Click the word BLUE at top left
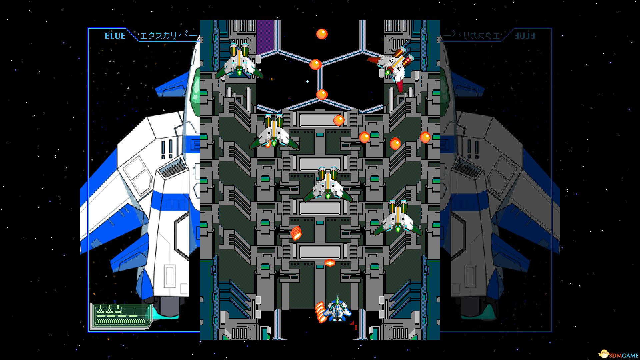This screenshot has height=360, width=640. click(115, 36)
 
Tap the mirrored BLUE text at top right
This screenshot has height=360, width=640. click(525, 36)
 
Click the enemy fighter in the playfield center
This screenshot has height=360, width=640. click(328, 185)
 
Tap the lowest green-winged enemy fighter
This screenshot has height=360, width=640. click(398, 218)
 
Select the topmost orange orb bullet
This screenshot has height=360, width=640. click(322, 34)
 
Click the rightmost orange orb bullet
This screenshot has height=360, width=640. click(425, 137)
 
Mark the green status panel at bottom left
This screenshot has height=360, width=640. click(121, 316)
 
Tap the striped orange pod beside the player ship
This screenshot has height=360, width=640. click(321, 312)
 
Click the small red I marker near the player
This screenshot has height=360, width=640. click(355, 327)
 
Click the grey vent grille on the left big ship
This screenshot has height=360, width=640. click(173, 167)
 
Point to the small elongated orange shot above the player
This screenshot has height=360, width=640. click(330, 263)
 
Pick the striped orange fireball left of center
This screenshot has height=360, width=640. click(296, 233)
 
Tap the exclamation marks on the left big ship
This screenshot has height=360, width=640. click(167, 148)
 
